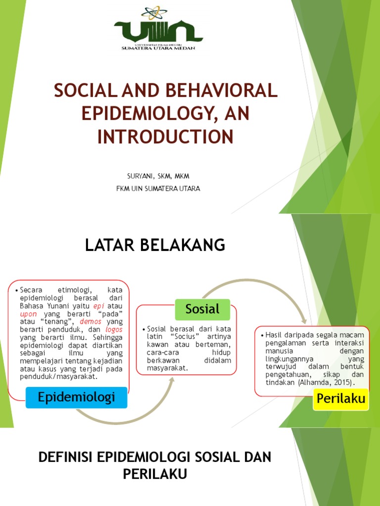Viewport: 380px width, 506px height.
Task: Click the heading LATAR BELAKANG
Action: [155, 244]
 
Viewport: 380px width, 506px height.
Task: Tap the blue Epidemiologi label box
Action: [76, 397]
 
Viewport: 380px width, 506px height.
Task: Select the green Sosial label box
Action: [202, 309]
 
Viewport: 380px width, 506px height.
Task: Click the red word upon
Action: [29, 313]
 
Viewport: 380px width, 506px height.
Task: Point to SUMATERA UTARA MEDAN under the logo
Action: [158, 48]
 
